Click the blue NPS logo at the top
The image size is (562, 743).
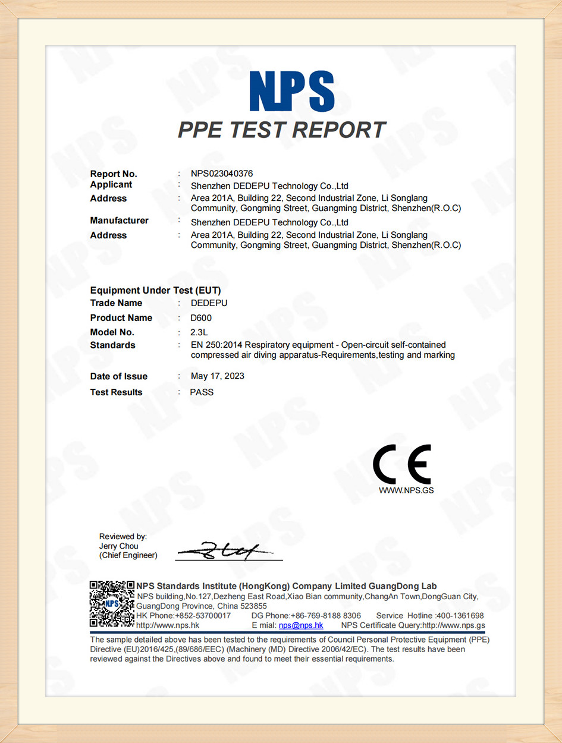[292, 90]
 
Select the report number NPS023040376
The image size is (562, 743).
[222, 174]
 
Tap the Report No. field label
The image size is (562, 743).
[114, 174]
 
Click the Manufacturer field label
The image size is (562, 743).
[119, 221]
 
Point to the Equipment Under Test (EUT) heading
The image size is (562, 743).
[155, 290]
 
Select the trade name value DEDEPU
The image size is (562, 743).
[209, 303]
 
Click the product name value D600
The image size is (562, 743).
[201, 318]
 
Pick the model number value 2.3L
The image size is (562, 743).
[199, 332]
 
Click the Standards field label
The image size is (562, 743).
[112, 345]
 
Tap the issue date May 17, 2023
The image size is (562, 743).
[217, 376]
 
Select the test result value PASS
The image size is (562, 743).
[202, 392]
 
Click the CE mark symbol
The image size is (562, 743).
[401, 465]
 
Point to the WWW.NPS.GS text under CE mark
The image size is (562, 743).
[402, 491]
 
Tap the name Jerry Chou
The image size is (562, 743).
[118, 546]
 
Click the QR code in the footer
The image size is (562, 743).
[111, 604]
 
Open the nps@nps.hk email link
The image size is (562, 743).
[301, 625]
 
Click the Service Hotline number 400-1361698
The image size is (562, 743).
[460, 616]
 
